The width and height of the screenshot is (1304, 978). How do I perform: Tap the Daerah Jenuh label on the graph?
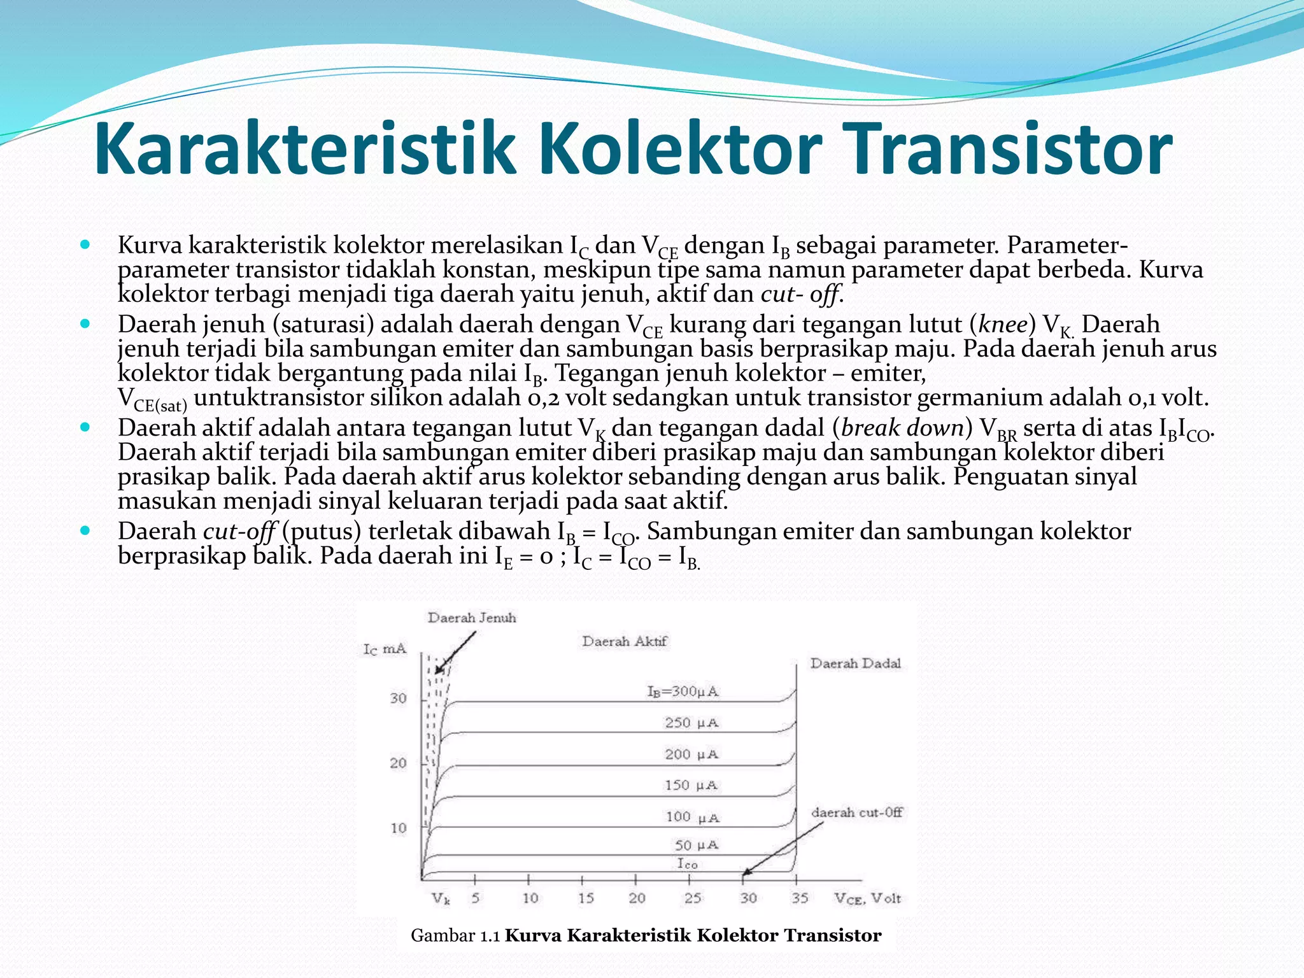point(472,618)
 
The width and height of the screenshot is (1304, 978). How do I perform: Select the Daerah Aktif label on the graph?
point(624,641)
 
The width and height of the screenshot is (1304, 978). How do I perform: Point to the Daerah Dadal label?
point(855,663)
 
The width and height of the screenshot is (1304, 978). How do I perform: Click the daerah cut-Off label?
point(856,812)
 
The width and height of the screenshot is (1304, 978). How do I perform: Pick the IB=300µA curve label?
point(683,691)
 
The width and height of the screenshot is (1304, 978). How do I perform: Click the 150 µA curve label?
point(691,786)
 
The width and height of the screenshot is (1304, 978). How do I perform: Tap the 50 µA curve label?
point(697,846)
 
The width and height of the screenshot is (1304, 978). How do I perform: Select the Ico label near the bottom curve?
point(687,864)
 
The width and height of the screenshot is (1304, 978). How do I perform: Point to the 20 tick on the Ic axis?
point(398,763)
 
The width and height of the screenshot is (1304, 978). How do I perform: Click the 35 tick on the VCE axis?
point(800,898)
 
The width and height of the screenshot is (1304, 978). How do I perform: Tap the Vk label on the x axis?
point(441,898)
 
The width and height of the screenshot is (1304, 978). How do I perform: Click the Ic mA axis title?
point(385,649)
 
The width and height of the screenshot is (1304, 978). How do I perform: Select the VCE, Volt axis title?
point(868,898)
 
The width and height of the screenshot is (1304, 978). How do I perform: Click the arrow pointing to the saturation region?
point(456,652)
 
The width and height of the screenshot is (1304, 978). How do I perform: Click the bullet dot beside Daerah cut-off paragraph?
point(86,530)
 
